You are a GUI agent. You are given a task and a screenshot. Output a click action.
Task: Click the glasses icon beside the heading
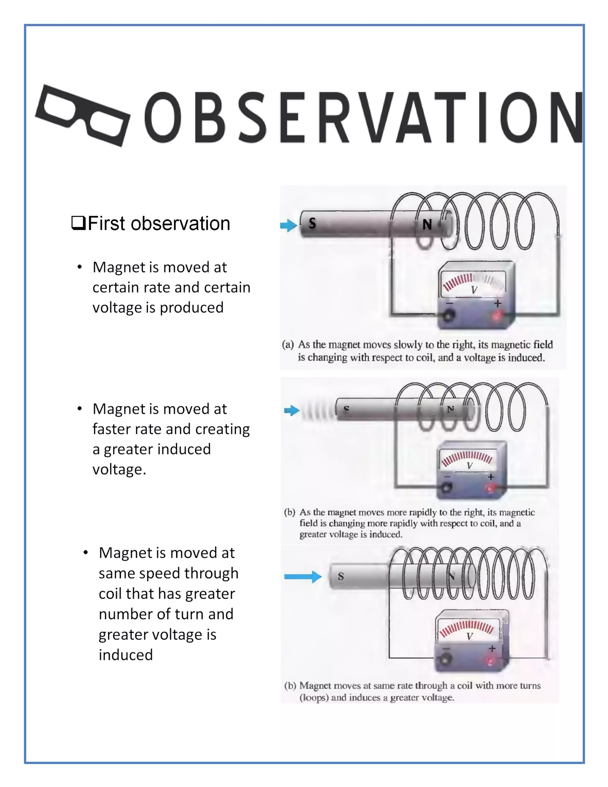pyautogui.click(x=83, y=116)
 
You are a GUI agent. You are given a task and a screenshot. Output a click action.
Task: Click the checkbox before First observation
pyautogui.click(x=78, y=223)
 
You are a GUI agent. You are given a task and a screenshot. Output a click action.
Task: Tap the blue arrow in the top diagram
pyautogui.click(x=289, y=226)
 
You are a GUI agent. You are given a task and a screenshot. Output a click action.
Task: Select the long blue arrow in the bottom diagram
pyautogui.click(x=303, y=576)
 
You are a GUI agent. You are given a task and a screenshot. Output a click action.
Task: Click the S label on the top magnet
pyautogui.click(x=312, y=223)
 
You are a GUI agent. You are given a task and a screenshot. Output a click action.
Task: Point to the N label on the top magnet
pyautogui.click(x=427, y=225)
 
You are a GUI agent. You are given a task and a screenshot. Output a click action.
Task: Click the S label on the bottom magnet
pyautogui.click(x=341, y=576)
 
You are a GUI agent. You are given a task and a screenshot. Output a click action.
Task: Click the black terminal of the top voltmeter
pyautogui.click(x=449, y=316)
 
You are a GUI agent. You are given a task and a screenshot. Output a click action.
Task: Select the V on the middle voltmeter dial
pyautogui.click(x=469, y=466)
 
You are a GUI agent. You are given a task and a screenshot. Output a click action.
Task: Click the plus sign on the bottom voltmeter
pyautogui.click(x=492, y=649)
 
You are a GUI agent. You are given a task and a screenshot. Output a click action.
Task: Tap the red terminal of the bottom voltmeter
pyautogui.click(x=490, y=661)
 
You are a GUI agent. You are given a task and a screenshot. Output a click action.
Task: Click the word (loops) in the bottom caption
pyautogui.click(x=314, y=698)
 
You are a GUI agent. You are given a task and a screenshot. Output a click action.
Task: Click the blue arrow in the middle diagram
pyautogui.click(x=292, y=410)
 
